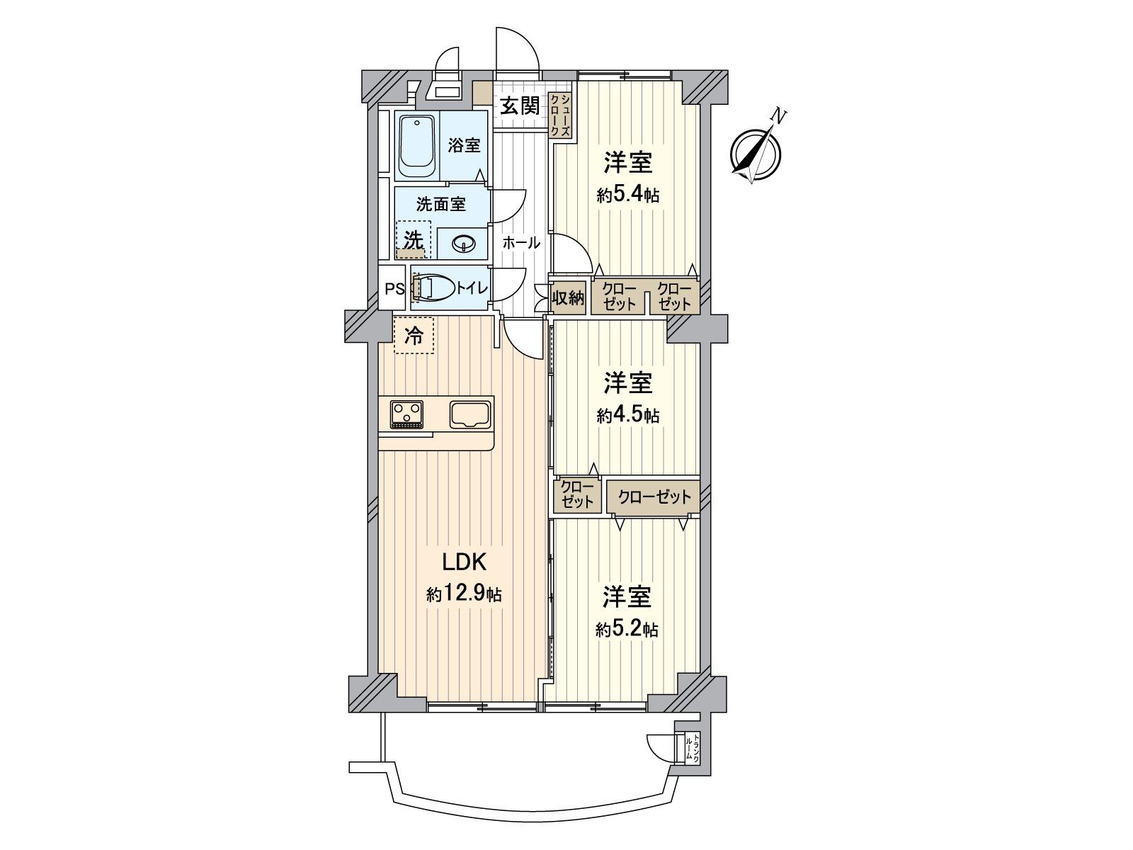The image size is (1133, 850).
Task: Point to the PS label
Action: pyautogui.click(x=394, y=288)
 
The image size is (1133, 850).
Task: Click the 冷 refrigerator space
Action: pyautogui.click(x=414, y=336)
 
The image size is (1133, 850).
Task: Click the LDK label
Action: pyautogui.click(x=463, y=562)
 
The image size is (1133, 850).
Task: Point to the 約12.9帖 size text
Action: pyautogui.click(x=463, y=594)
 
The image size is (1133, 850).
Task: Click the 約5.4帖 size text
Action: pyautogui.click(x=627, y=195)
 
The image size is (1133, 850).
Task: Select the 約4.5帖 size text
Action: pyautogui.click(x=627, y=415)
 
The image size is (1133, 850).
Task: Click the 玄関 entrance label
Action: pyautogui.click(x=520, y=106)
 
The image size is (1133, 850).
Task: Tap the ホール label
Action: pyautogui.click(x=521, y=243)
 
